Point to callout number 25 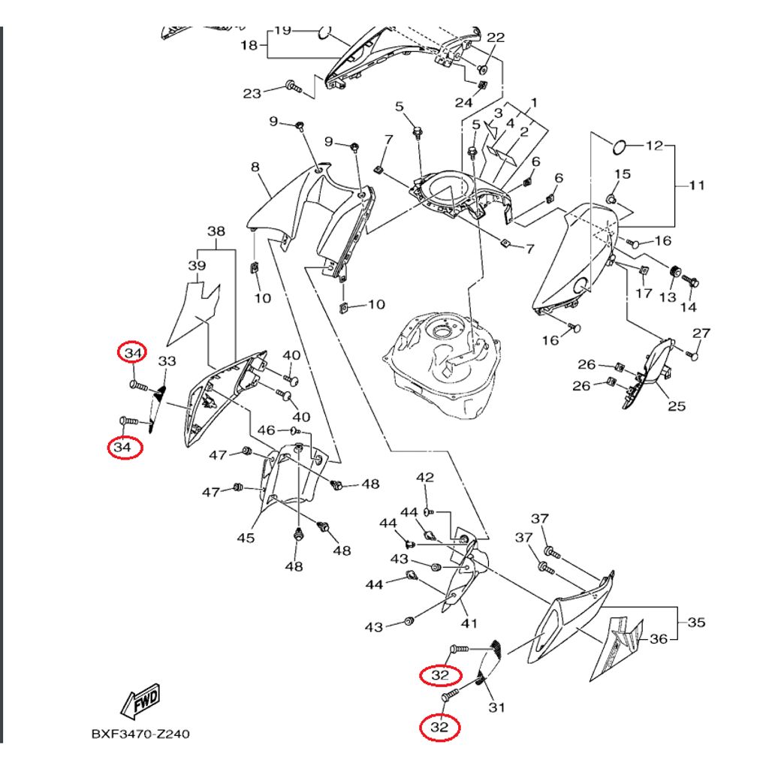677,406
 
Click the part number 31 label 497,707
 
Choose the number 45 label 246,538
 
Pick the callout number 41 469,623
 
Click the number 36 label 658,639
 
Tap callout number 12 655,145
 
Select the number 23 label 252,93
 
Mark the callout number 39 197,266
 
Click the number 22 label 496,38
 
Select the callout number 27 701,333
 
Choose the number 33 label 167,361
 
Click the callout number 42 426,478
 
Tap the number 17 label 644,293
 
